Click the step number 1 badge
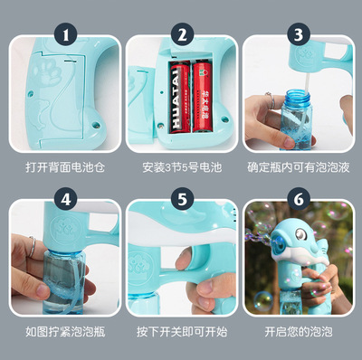(x=65, y=34)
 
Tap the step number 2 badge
(x=182, y=34)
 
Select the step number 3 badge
(x=299, y=34)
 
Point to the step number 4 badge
(x=65, y=199)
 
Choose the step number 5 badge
(x=182, y=199)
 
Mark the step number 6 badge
(x=299, y=199)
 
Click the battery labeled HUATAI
(x=180, y=97)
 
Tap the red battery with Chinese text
(x=203, y=97)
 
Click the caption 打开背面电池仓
(x=65, y=167)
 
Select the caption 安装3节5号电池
(x=182, y=167)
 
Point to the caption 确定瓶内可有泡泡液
(x=299, y=167)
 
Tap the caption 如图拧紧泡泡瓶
(x=65, y=332)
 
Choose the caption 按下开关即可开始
(x=182, y=332)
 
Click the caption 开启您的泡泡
(x=299, y=332)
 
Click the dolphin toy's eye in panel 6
(x=301, y=234)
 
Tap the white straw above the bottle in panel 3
(x=307, y=82)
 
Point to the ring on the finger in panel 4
(x=32, y=246)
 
